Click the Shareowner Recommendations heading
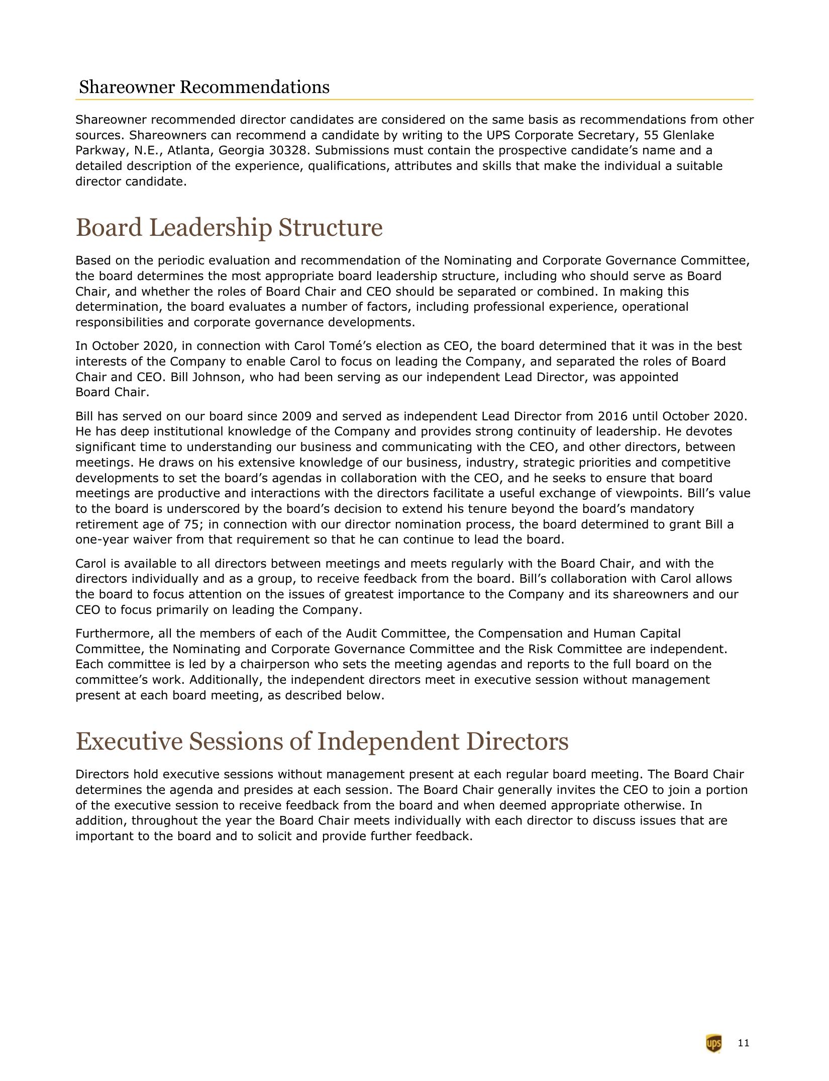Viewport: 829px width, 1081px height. click(x=204, y=87)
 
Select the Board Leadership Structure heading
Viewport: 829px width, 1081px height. click(x=229, y=227)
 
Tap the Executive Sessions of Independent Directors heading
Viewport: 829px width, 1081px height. click(x=322, y=742)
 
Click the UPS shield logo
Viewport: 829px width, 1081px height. click(x=713, y=1043)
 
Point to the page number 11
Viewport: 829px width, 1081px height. click(x=744, y=1043)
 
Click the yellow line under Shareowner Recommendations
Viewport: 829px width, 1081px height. click(x=414, y=100)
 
